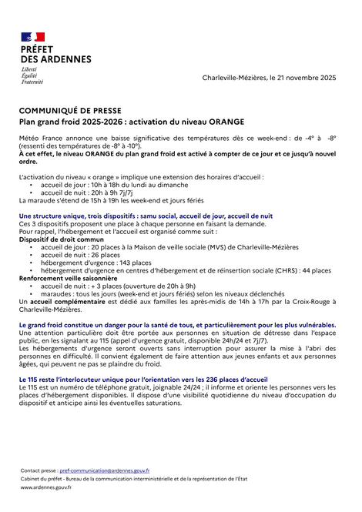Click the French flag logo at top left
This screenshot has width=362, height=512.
coord(32,36)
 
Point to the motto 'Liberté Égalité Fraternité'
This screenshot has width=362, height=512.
coord(32,75)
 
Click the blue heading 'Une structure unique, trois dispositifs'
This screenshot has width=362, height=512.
coord(146,217)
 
